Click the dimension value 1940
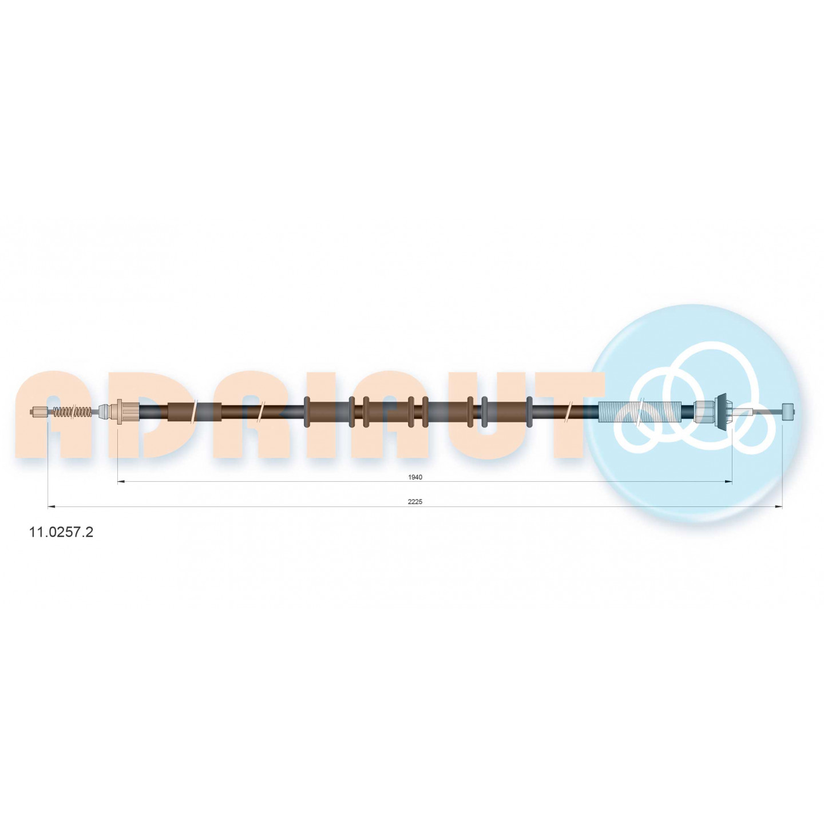point(415,477)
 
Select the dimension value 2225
point(415,502)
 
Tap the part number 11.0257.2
point(61,532)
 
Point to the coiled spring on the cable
point(72,412)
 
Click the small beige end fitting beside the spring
point(38,412)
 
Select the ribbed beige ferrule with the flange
point(127,411)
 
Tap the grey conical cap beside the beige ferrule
point(104,411)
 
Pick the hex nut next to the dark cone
point(703,412)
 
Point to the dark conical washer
point(721,412)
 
